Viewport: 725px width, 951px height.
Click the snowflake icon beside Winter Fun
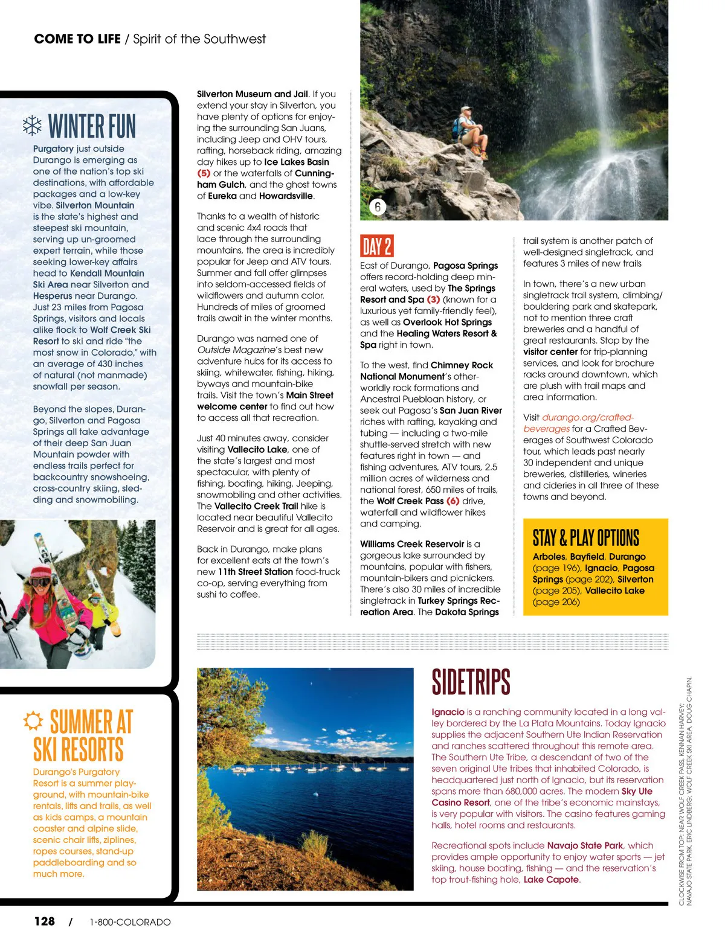coord(31,126)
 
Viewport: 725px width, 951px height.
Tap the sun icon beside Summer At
coord(33,720)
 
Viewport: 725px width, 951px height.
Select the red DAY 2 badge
coord(376,246)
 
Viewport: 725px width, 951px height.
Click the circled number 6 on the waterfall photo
coord(378,207)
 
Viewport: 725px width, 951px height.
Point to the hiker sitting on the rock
coord(470,130)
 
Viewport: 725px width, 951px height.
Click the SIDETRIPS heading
coord(471,682)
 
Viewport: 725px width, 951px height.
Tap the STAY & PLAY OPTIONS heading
coord(585,537)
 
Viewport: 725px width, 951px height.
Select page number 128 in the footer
coord(44,921)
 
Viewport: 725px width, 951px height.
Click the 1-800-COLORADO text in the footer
coord(130,922)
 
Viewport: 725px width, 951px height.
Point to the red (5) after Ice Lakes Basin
coord(204,173)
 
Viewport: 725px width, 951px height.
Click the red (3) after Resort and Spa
coord(433,299)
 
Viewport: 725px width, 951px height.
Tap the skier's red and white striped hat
coord(41,571)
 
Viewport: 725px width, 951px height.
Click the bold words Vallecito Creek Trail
coord(256,506)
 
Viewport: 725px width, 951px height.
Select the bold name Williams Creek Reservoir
coord(412,544)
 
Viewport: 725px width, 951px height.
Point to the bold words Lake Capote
coord(551,879)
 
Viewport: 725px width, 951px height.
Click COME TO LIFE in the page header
coord(77,39)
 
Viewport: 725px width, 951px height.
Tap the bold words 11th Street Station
coord(256,572)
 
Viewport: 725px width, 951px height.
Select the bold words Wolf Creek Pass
coord(410,501)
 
